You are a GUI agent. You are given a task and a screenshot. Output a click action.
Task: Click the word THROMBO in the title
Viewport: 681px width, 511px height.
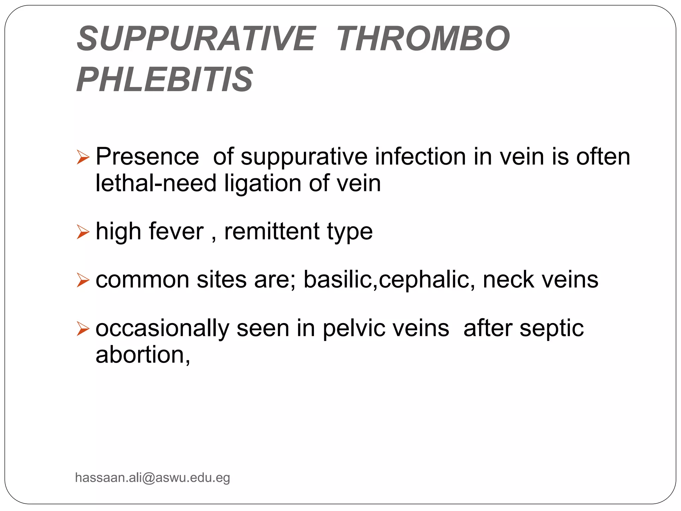click(x=423, y=39)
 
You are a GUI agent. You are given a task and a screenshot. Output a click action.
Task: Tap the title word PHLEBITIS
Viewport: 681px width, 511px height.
click(x=165, y=80)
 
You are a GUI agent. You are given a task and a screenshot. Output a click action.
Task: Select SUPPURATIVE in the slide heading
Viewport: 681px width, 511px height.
click(x=196, y=39)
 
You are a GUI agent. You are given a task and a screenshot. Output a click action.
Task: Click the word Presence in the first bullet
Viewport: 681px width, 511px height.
click(x=147, y=156)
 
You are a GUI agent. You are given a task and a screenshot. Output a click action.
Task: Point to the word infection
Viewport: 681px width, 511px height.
click(x=420, y=156)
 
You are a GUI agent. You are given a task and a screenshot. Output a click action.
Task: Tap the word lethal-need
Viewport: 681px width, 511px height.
click(x=156, y=183)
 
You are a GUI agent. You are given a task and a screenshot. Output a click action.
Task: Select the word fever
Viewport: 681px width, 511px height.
click(x=176, y=231)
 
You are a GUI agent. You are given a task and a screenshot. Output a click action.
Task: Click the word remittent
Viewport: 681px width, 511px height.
click(x=272, y=231)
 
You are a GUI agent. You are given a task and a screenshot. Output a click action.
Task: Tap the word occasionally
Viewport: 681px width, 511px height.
click(x=162, y=329)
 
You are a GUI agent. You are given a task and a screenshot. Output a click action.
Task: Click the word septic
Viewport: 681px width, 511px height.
click(x=552, y=329)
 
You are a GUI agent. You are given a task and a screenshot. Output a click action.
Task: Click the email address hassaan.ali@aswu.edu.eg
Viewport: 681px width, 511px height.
click(x=153, y=478)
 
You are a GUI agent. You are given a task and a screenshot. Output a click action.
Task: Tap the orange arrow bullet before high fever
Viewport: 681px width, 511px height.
click(x=83, y=232)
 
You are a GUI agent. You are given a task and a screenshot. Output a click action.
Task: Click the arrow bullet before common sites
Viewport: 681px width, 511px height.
click(x=83, y=280)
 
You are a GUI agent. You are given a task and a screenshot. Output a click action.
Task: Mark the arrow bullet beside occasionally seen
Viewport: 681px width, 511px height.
click(x=83, y=329)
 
